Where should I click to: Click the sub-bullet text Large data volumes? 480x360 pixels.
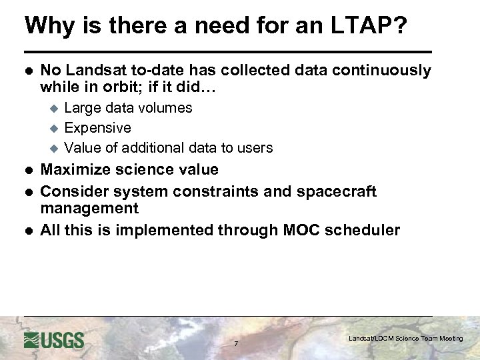point(128,108)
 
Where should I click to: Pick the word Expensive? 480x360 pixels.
point(97,128)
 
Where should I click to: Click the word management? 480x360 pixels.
point(89,209)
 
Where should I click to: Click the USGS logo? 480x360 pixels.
point(54,340)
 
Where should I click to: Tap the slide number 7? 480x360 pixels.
point(235,344)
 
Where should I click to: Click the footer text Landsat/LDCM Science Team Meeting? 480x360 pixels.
point(405,339)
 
